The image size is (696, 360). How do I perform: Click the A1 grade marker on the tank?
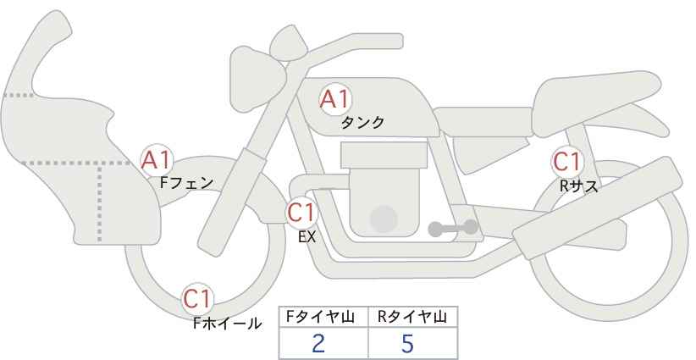[335, 99]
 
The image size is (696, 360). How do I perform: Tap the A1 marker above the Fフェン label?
[156, 161]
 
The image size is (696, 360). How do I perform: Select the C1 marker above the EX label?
[301, 213]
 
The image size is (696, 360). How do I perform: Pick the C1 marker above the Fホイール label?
[197, 299]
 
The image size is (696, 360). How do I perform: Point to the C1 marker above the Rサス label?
[566, 162]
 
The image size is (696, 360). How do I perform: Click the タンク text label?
[362, 122]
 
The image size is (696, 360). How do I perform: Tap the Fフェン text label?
[186, 183]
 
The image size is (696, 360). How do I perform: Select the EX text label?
[307, 237]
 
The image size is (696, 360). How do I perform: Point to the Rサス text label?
[579, 186]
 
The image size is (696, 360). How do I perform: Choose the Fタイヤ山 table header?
[320, 317]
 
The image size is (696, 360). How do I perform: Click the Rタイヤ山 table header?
[412, 317]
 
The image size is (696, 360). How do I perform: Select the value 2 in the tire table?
[318, 343]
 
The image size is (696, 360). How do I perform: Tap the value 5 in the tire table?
[407, 343]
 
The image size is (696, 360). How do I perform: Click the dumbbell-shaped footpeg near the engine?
[453, 228]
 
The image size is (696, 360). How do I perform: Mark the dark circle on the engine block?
[384, 219]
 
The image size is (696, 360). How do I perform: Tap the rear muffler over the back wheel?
[598, 208]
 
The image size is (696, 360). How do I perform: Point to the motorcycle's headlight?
[257, 79]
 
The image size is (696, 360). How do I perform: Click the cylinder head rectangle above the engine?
[384, 155]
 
